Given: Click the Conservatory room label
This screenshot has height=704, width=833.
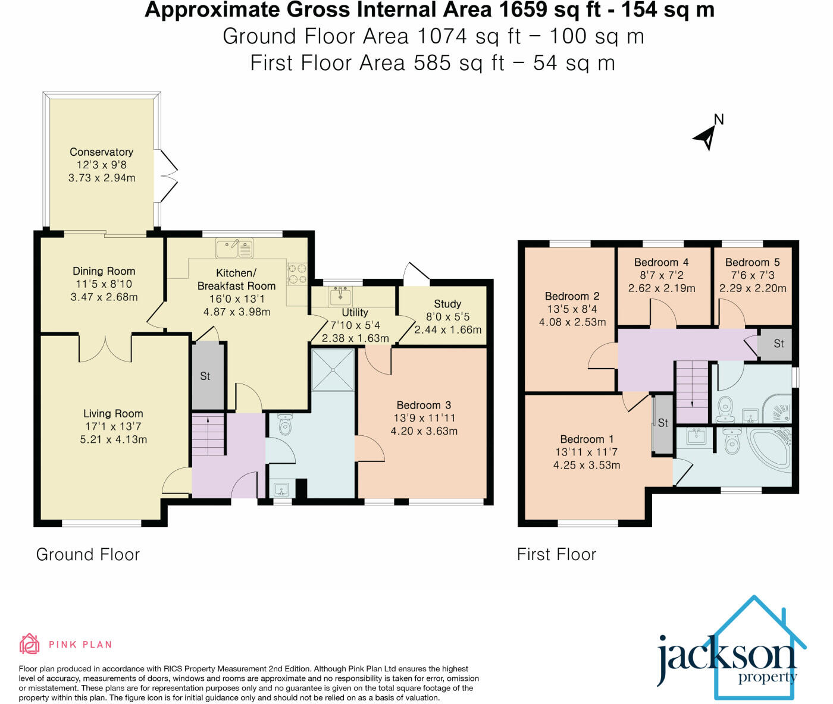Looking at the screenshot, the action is (x=102, y=152).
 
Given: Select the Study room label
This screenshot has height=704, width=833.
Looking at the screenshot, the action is (x=447, y=304).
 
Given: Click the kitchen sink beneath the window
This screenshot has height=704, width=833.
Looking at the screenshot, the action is (x=234, y=248).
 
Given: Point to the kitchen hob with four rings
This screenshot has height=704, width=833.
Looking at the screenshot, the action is (x=297, y=274).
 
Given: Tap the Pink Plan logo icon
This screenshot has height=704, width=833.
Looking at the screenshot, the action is (x=29, y=644).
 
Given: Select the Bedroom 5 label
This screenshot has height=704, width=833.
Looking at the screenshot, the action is (x=753, y=262).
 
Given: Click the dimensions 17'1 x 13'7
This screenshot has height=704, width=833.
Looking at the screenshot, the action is (x=113, y=426).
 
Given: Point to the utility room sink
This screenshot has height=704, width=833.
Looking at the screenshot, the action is (x=340, y=296).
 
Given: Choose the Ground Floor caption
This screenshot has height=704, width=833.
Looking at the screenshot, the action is (x=88, y=555).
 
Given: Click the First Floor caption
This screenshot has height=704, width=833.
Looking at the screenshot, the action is (x=556, y=555).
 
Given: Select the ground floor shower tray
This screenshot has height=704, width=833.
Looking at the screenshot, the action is (x=333, y=370).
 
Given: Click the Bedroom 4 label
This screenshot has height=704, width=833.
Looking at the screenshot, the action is (x=661, y=262).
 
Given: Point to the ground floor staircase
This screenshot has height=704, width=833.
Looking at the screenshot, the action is (x=208, y=435).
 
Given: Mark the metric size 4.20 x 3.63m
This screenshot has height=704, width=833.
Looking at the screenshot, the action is (x=424, y=431).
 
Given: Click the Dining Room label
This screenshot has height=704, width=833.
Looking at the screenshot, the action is (x=104, y=271).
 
